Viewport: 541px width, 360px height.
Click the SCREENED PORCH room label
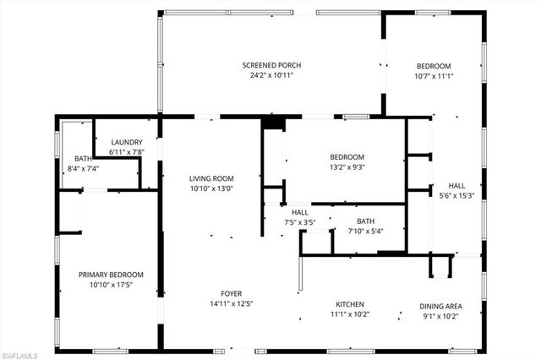[x=271, y=65]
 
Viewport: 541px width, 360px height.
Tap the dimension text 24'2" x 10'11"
[x=271, y=75]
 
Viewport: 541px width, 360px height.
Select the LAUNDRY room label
[x=127, y=142]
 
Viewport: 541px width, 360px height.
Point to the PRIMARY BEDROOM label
[x=111, y=274]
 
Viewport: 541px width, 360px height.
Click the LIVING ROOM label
[x=211, y=178]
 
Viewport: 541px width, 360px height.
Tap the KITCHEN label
[x=350, y=304]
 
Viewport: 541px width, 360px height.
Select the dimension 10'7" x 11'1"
[x=434, y=76]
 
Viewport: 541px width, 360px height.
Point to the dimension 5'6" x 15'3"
[x=456, y=195]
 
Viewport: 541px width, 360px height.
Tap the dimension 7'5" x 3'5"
[x=300, y=223]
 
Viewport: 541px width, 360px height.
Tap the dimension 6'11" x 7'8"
[x=127, y=152]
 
